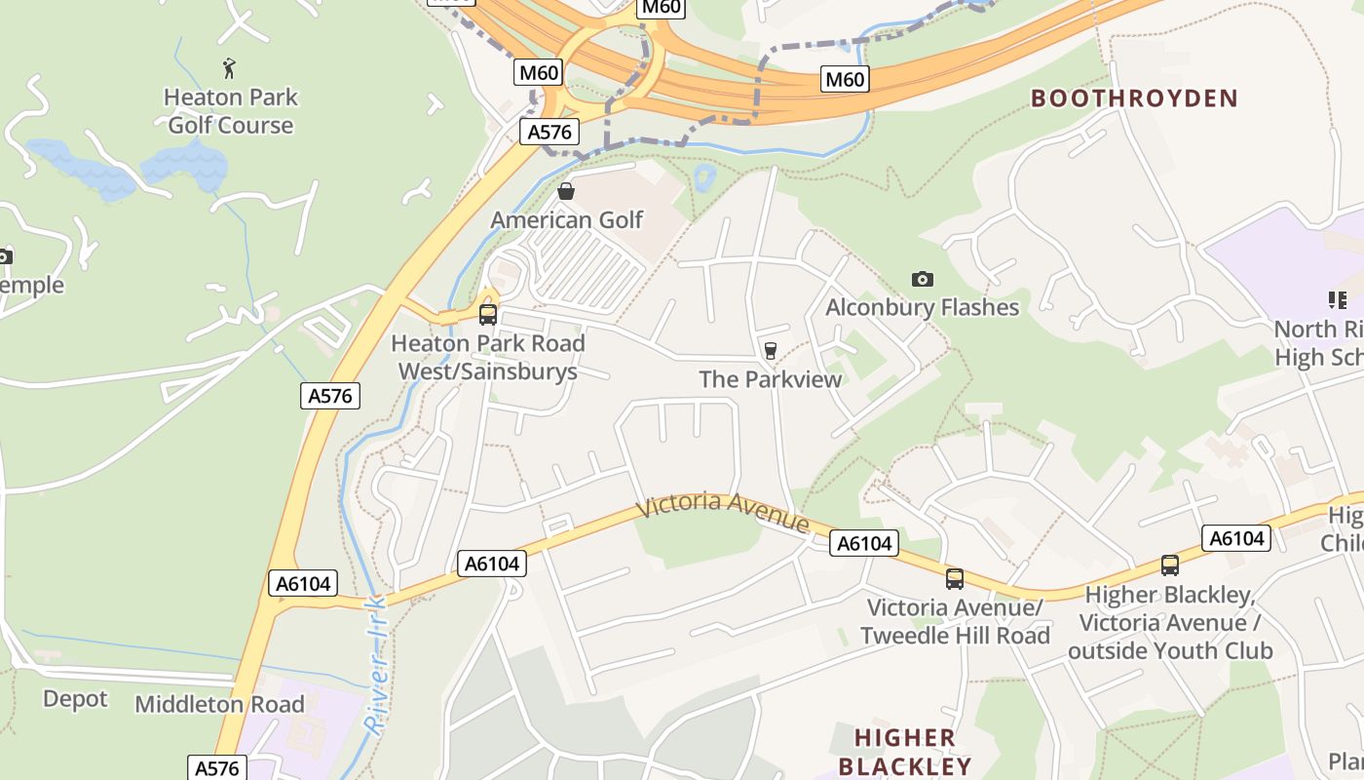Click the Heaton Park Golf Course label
231,111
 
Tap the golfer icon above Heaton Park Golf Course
230,68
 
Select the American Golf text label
566,219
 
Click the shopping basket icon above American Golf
566,191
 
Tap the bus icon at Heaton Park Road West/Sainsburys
488,315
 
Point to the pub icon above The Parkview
771,350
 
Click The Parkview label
770,379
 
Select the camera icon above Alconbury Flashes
922,280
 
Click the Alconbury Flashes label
922,308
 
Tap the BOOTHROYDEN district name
1134,98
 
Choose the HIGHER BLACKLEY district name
905,751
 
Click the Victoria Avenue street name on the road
722,512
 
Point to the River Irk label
375,663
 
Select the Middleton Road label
219,704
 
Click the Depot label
75,699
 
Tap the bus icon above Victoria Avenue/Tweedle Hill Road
955,579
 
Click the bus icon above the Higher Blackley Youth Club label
1169,565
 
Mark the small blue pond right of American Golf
703,177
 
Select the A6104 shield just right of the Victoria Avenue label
865,544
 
